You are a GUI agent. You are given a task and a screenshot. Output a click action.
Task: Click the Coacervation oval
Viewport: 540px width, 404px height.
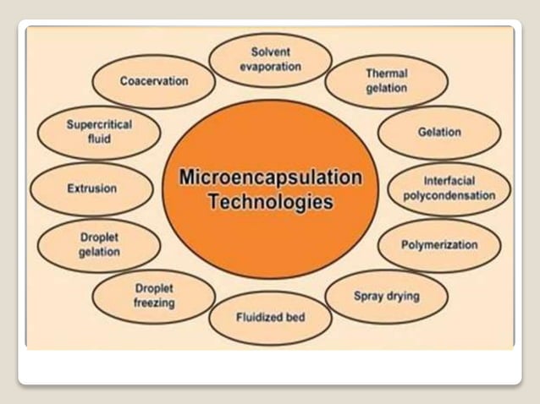[x=154, y=82]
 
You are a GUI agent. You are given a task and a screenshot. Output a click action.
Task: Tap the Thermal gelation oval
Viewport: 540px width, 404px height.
[x=387, y=81]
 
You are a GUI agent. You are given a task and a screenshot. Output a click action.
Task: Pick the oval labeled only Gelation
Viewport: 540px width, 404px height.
[x=439, y=133]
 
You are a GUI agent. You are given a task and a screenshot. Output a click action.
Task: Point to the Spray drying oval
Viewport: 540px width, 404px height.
[x=386, y=296]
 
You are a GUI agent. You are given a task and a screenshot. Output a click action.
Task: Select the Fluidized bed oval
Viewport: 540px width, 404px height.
[x=270, y=318]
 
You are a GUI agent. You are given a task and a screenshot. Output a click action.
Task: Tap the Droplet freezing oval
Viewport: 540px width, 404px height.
[x=154, y=296]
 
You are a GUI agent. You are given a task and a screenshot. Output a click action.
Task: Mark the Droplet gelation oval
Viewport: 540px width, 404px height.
[x=100, y=245]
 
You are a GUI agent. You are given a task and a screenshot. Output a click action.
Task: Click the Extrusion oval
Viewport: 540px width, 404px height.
[x=91, y=188]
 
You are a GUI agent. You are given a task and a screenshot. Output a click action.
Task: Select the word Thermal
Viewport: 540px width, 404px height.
[x=387, y=74]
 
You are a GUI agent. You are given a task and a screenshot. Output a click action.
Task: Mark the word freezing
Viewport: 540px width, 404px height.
[x=154, y=303]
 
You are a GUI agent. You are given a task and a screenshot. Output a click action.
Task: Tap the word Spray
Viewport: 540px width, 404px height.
[x=368, y=296]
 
